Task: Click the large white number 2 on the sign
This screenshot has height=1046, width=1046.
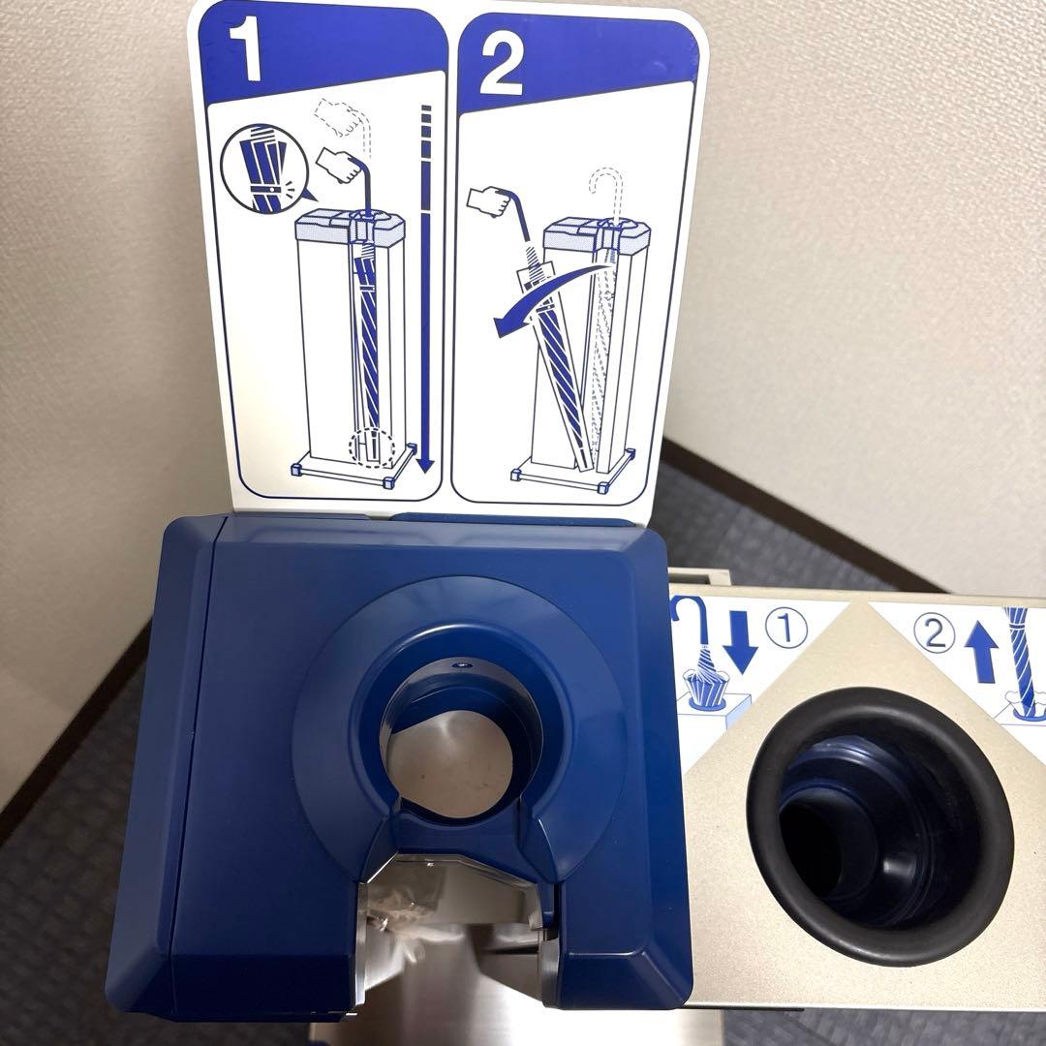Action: (x=501, y=64)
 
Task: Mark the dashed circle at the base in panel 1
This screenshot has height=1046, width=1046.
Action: (x=372, y=445)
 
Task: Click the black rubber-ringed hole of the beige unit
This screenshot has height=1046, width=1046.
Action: (x=878, y=826)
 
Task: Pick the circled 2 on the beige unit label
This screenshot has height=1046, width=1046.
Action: (x=935, y=632)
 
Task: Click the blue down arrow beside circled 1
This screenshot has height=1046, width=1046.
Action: (x=740, y=641)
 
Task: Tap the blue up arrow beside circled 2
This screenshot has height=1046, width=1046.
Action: (x=981, y=652)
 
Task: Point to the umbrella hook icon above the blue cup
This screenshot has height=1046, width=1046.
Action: (x=686, y=622)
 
